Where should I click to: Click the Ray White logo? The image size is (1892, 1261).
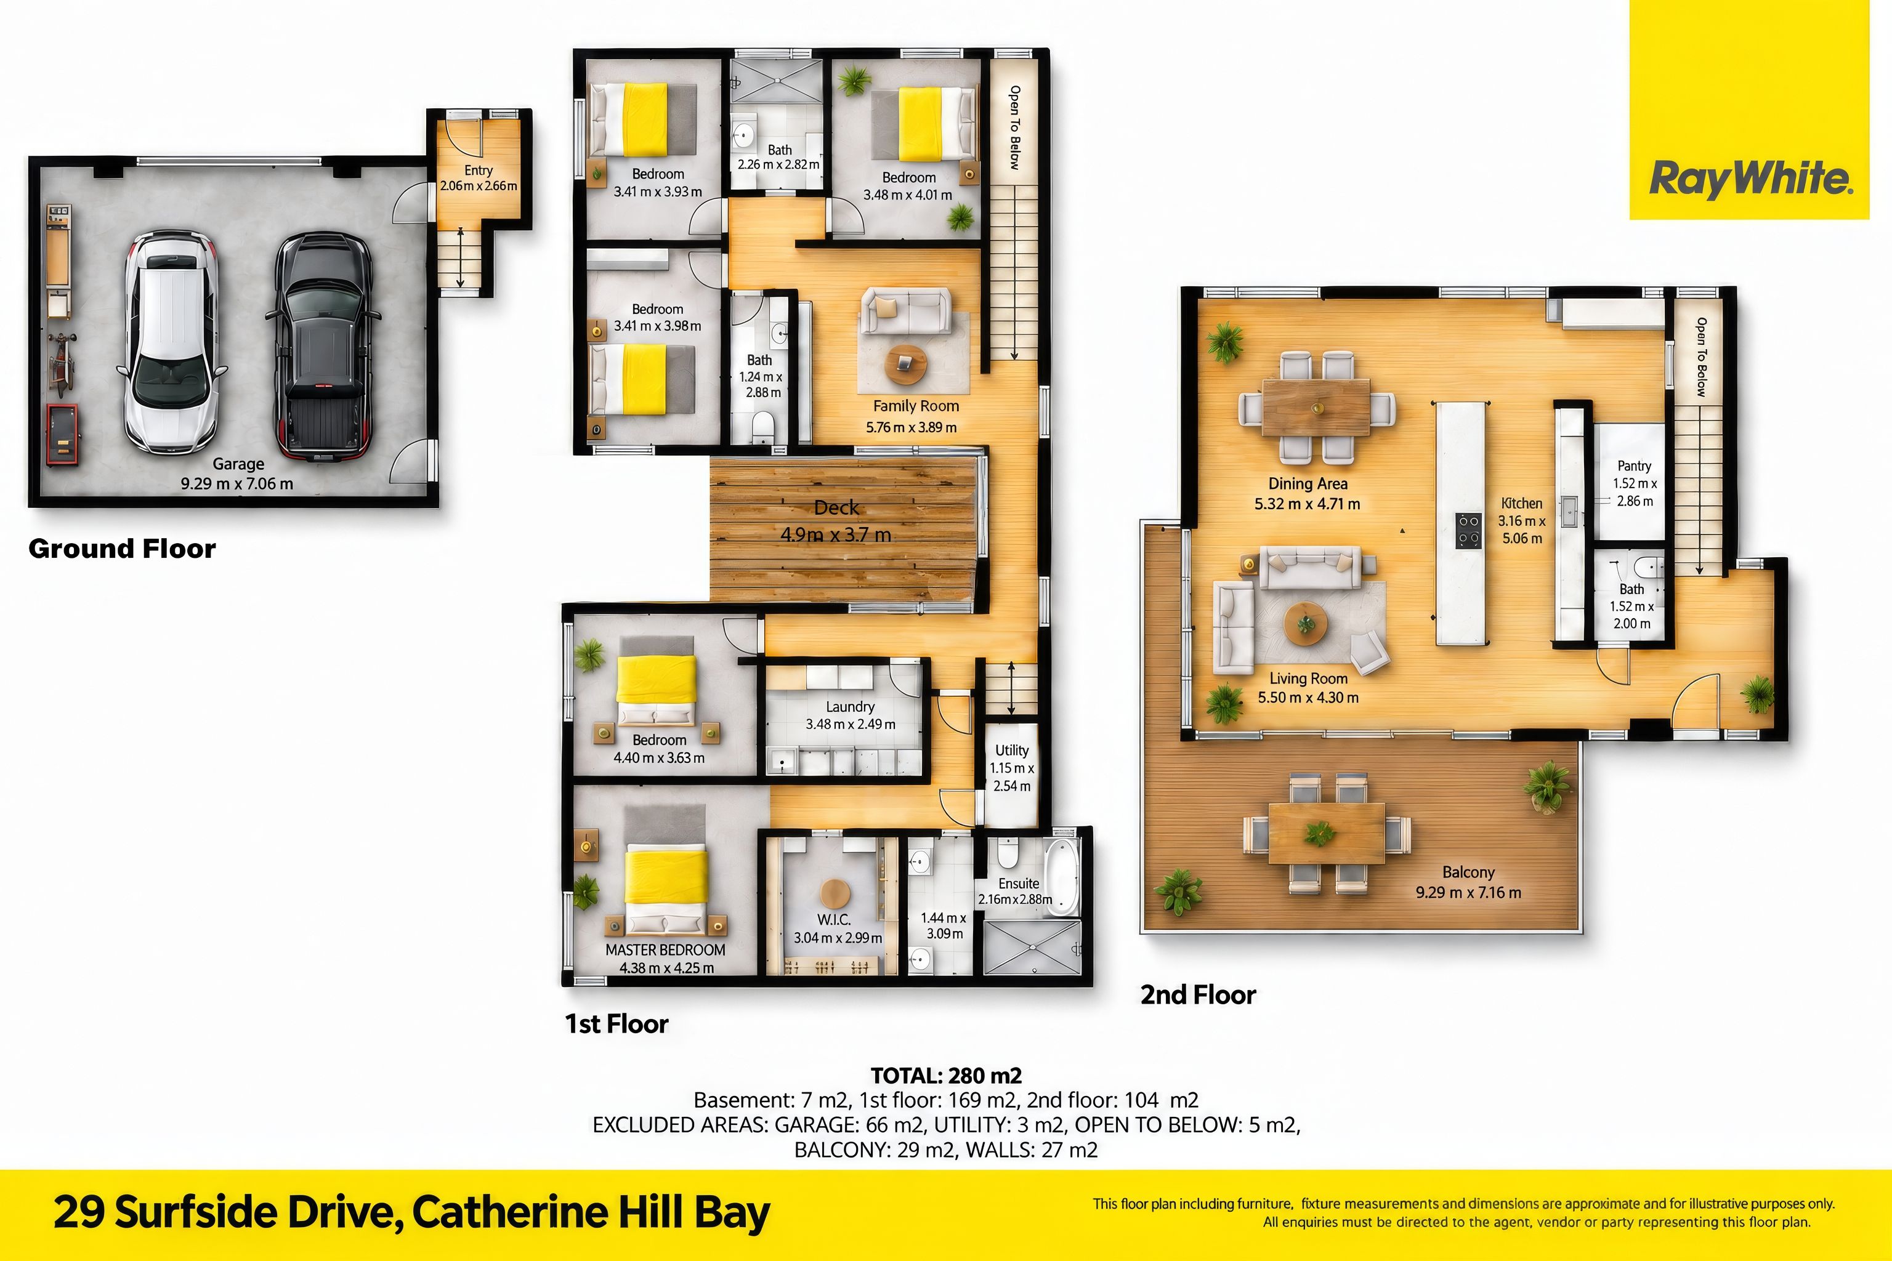point(1750,179)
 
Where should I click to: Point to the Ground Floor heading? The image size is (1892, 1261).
point(123,549)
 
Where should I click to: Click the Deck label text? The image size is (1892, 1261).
point(836,507)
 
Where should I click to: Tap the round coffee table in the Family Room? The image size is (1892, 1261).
point(906,365)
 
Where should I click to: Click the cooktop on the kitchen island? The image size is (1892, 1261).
point(1469,531)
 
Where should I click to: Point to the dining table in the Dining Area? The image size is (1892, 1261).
point(1316,407)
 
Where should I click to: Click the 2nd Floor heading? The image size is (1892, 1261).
point(1198,995)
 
